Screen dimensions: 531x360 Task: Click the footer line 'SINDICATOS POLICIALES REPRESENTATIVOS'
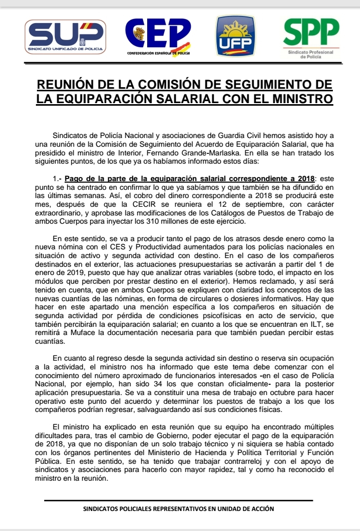click(x=178, y=509)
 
